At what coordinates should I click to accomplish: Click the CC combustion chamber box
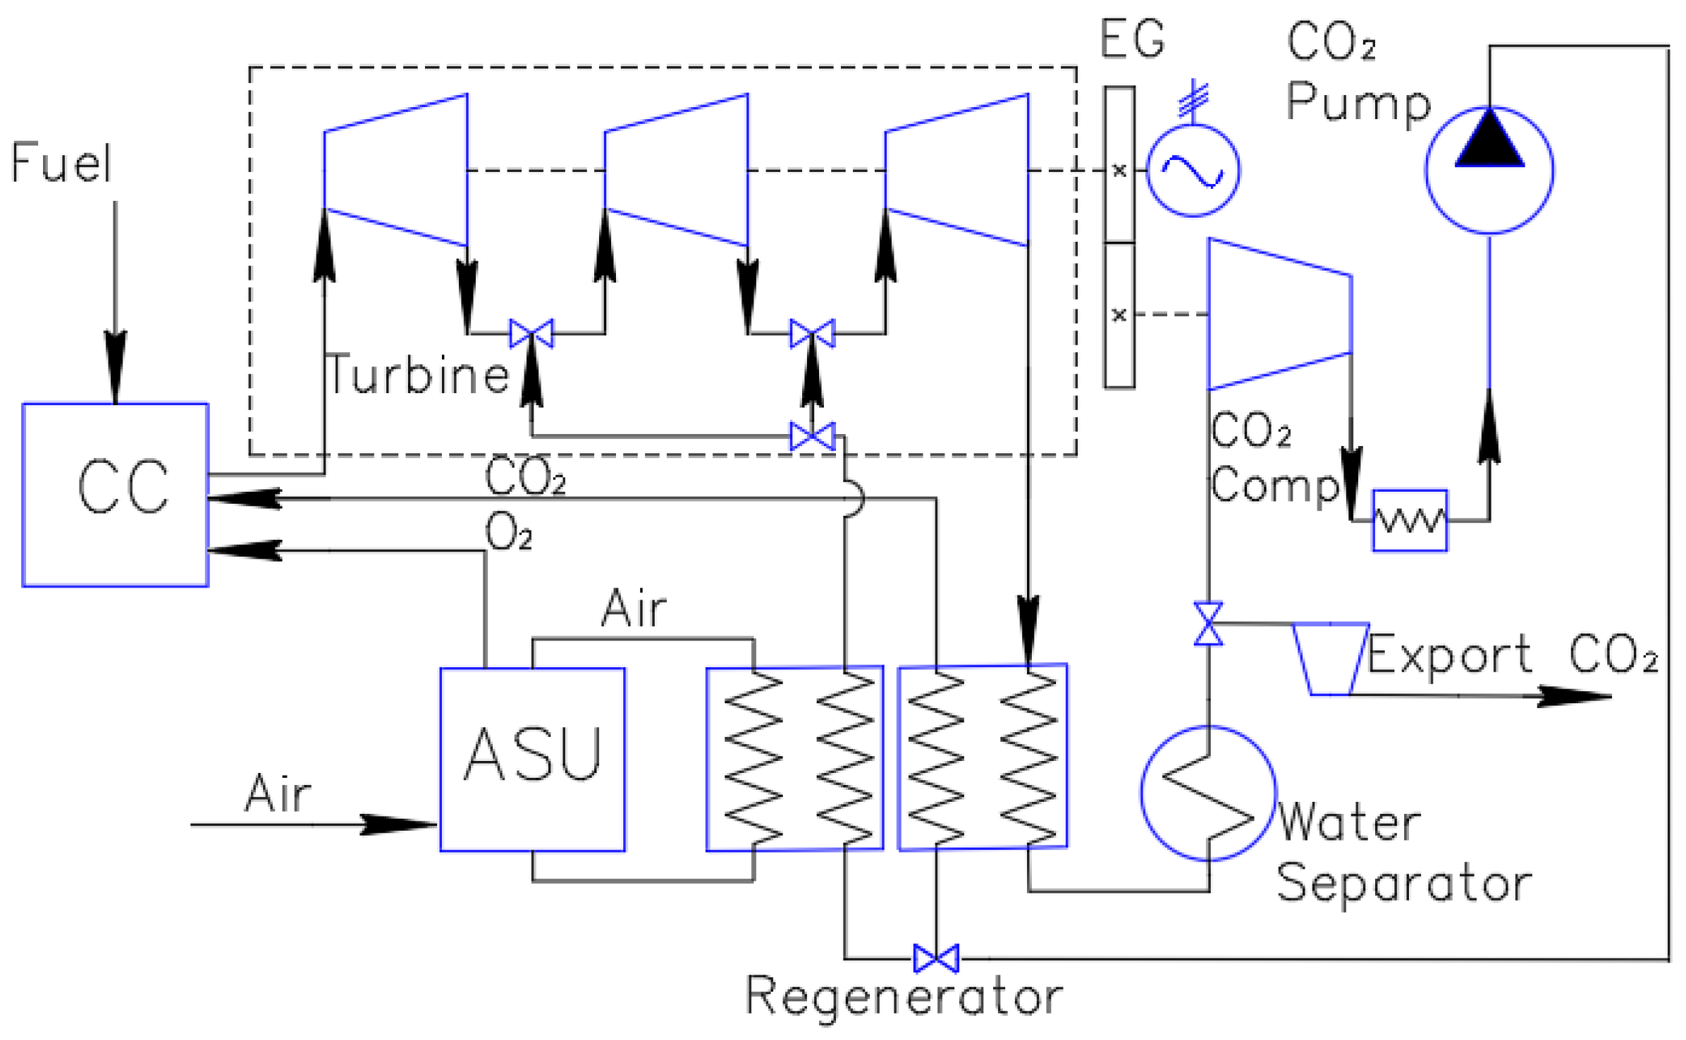point(115,495)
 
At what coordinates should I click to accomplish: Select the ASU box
point(532,759)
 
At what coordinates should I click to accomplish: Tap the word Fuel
point(61,163)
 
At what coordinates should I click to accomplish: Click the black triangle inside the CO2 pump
point(1489,141)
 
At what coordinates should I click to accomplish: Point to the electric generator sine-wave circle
point(1193,171)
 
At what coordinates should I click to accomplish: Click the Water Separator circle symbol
point(1208,793)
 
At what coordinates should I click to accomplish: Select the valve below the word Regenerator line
point(935,959)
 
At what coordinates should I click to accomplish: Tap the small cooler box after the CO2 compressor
point(1410,521)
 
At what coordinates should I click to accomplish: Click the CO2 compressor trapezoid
point(1279,314)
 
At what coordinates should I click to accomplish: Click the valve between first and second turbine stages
point(531,333)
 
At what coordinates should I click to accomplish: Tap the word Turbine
point(418,375)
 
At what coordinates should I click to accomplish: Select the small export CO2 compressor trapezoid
point(1330,659)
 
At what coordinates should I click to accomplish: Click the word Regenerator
point(904,997)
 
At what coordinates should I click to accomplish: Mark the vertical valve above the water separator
point(1208,624)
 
